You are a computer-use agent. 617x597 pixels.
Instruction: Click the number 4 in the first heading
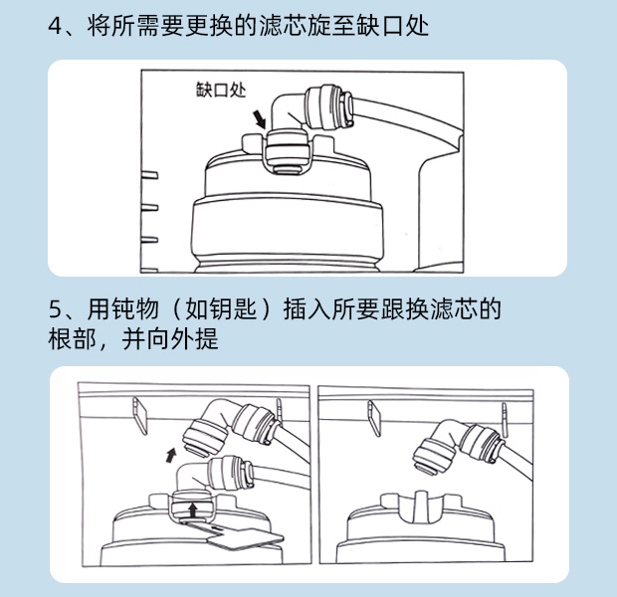point(55,26)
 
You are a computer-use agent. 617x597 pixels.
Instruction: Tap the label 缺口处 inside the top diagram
point(221,90)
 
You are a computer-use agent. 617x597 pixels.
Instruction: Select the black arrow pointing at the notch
point(260,119)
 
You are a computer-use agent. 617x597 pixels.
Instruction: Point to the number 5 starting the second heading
point(55,308)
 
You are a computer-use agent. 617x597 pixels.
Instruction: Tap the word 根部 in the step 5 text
point(72,339)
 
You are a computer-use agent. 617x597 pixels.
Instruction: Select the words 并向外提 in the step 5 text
point(170,339)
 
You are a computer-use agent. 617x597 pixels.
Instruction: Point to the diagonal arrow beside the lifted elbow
point(170,455)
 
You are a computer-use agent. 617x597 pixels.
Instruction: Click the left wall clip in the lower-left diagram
point(140,415)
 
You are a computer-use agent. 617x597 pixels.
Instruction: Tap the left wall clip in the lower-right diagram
point(374,418)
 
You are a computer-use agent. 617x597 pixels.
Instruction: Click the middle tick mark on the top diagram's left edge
point(149,207)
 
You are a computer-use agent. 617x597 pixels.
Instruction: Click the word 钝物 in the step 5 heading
point(135,308)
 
